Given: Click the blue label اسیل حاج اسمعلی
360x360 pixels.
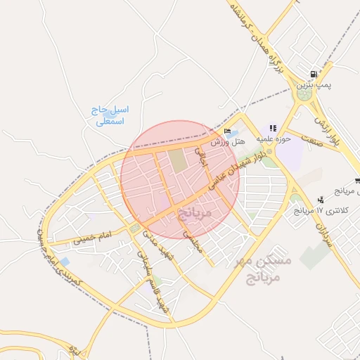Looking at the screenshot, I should coord(110,116).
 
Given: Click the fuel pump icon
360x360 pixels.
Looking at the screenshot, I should coord(314,74).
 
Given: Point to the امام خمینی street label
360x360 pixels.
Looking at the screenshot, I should coord(91,236).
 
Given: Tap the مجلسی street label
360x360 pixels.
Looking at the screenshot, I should coord(191,241).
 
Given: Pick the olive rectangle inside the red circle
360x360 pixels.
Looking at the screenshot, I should coord(178,162).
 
